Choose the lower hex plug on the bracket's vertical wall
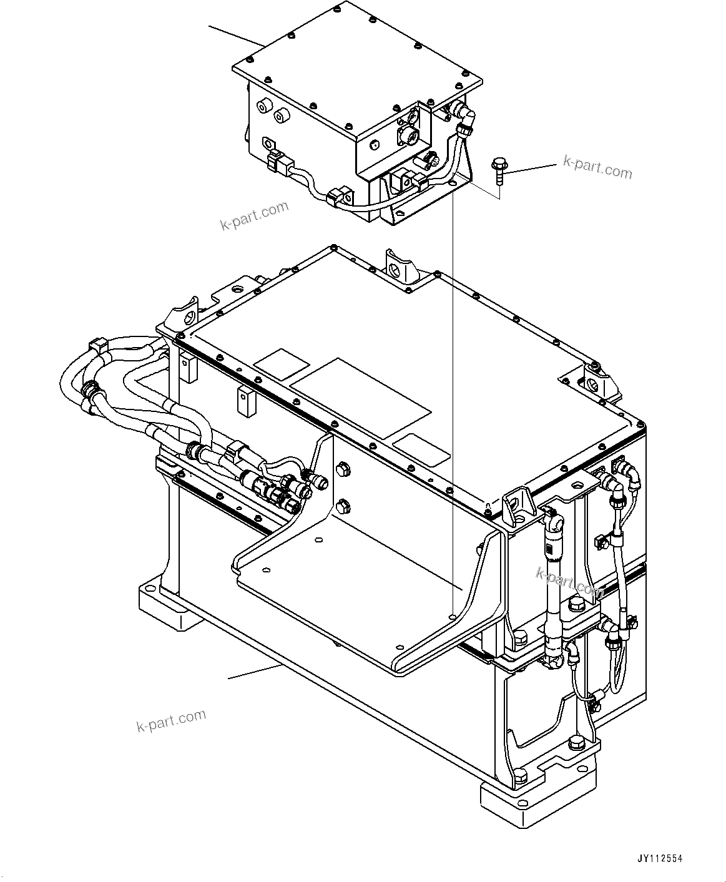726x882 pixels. pyautogui.click(x=341, y=504)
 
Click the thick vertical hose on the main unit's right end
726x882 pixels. pyautogui.click(x=552, y=587)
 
